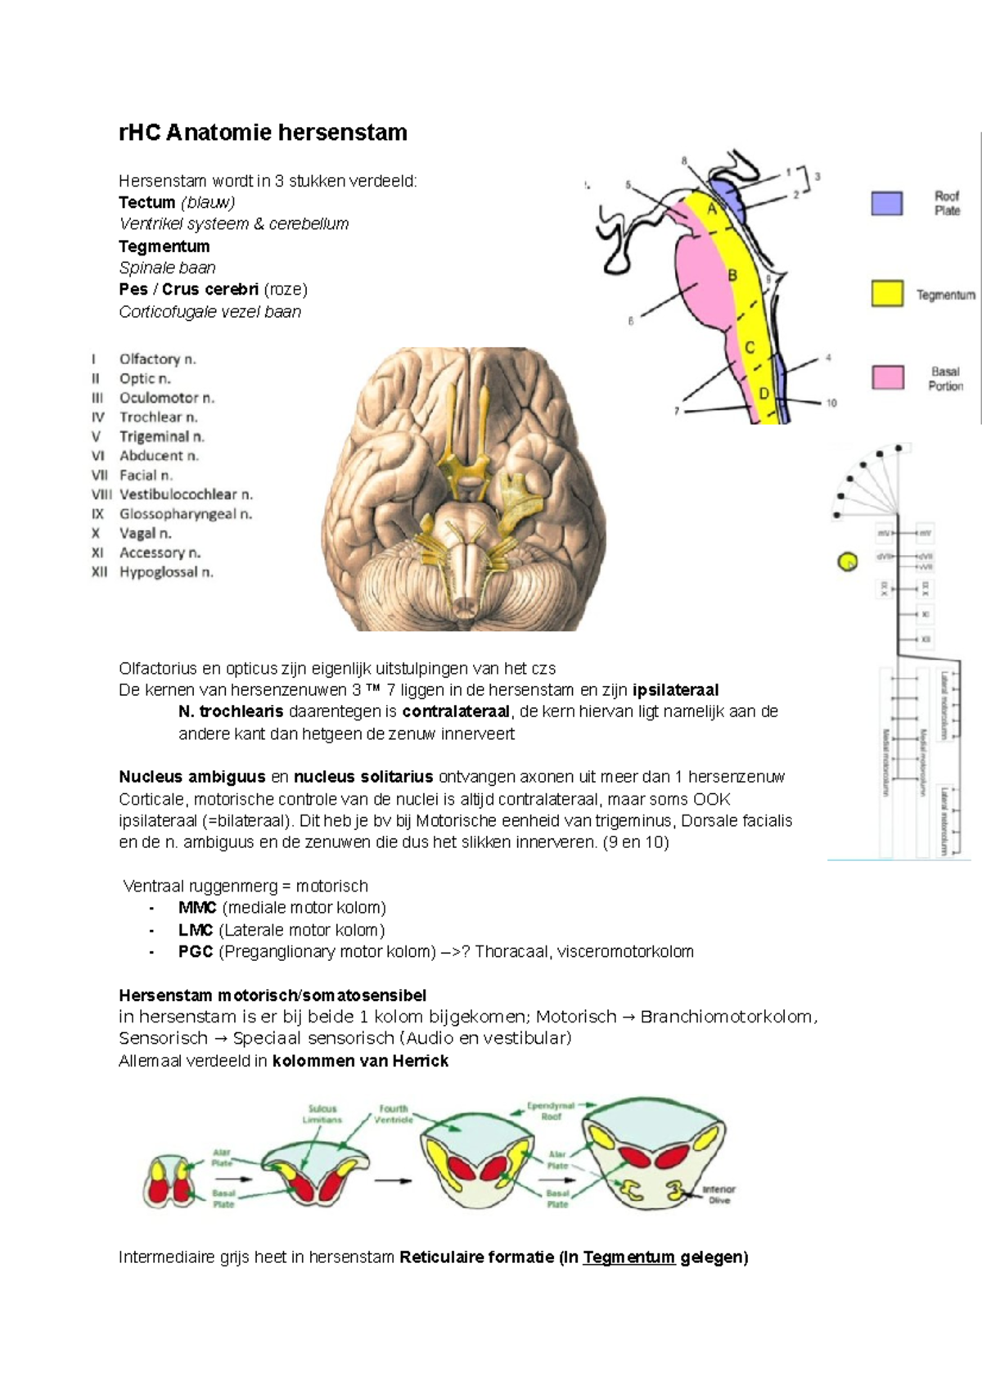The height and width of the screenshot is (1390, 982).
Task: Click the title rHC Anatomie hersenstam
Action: [263, 133]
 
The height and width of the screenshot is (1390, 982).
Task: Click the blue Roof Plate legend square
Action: [886, 203]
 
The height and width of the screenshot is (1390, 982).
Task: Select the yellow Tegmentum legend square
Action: [886, 294]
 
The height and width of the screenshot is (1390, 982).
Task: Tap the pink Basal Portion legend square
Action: [887, 377]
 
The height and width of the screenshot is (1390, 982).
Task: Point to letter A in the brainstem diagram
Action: [711, 210]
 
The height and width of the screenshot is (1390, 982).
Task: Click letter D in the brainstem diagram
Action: [764, 394]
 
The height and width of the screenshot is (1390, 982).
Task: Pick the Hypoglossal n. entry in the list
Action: [166, 572]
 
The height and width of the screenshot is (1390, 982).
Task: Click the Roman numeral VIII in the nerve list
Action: [101, 494]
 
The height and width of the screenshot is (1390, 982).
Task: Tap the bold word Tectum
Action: [146, 202]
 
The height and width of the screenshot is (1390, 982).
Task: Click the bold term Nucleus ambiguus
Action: [192, 777]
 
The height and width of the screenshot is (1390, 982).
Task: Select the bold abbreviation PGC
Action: [196, 951]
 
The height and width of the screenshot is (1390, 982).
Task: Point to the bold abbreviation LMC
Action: [196, 930]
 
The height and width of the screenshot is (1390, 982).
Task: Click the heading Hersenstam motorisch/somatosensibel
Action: [273, 995]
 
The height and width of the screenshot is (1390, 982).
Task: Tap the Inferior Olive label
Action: [718, 1194]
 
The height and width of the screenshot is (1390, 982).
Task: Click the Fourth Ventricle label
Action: [394, 1114]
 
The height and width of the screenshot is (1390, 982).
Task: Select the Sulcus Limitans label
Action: [322, 1114]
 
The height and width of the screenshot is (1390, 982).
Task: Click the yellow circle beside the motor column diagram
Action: [847, 562]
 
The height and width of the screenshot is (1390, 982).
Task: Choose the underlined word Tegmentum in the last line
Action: [628, 1257]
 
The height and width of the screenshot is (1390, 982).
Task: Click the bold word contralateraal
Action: [456, 711]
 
